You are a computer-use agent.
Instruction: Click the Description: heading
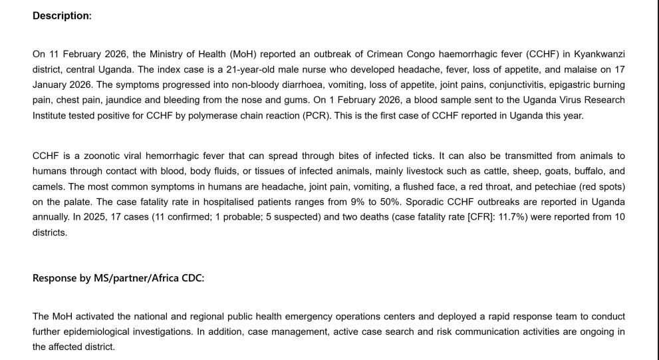coord(62,15)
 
